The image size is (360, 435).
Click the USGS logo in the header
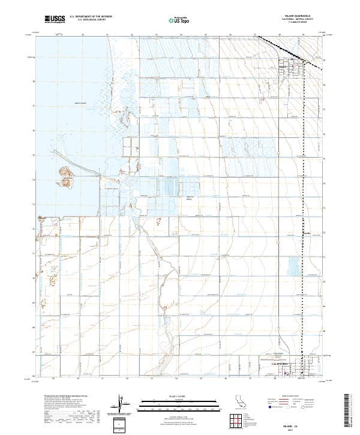tap(55, 19)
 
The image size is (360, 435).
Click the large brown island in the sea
tap(65, 175)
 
